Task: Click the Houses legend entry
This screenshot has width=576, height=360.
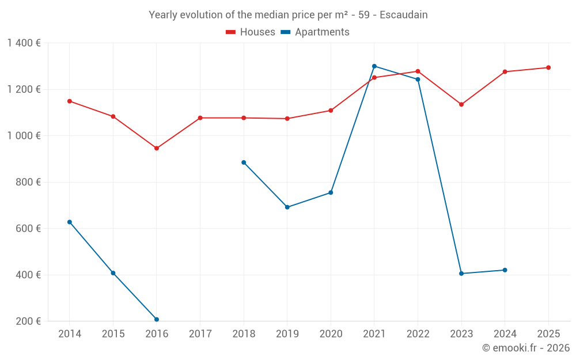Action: [x=251, y=32]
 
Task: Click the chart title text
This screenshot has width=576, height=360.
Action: [x=288, y=15]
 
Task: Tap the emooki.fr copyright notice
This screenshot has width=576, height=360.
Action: [x=526, y=348]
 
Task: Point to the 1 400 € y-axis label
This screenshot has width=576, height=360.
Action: [x=24, y=43]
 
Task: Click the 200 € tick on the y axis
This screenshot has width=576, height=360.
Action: [x=28, y=321]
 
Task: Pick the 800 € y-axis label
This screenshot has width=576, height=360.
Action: [x=28, y=182]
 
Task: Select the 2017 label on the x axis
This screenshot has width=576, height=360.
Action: [x=200, y=334]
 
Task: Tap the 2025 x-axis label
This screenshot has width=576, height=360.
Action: [x=548, y=334]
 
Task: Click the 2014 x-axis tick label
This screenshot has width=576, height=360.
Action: [x=70, y=334]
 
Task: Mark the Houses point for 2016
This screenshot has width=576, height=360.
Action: [x=157, y=148]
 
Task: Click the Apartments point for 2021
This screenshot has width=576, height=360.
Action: [x=374, y=66]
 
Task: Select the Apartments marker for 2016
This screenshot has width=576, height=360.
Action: [x=157, y=319]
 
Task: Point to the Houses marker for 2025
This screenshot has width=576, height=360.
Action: [x=548, y=67]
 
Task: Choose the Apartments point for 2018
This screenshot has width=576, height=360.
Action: [x=244, y=162]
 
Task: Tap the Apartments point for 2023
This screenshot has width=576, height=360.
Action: [x=461, y=274]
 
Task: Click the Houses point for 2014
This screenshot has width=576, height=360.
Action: [x=70, y=101]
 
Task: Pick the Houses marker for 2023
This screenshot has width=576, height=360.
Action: [x=461, y=104]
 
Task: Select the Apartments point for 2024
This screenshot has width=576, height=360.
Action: [x=505, y=270]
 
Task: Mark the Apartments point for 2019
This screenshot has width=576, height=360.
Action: [x=287, y=207]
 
